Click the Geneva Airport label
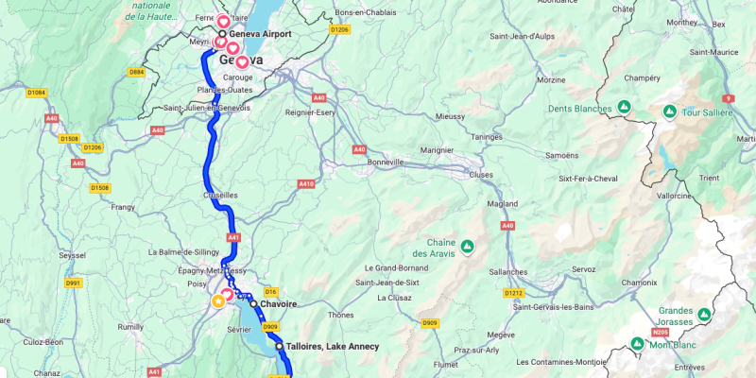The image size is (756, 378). [x=260, y=33]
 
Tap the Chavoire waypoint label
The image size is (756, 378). [x=279, y=304]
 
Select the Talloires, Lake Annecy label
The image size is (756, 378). [x=332, y=347]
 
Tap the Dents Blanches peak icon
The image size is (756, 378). [x=624, y=108]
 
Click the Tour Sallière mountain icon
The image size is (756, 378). [x=669, y=112]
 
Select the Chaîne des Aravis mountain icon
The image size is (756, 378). [x=466, y=247]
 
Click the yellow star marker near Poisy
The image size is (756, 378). [x=218, y=301]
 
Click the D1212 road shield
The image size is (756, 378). [x=514, y=293]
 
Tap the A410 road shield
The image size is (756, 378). [x=306, y=183]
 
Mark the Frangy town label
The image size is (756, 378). [x=124, y=206]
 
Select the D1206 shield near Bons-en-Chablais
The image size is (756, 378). [x=339, y=29]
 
